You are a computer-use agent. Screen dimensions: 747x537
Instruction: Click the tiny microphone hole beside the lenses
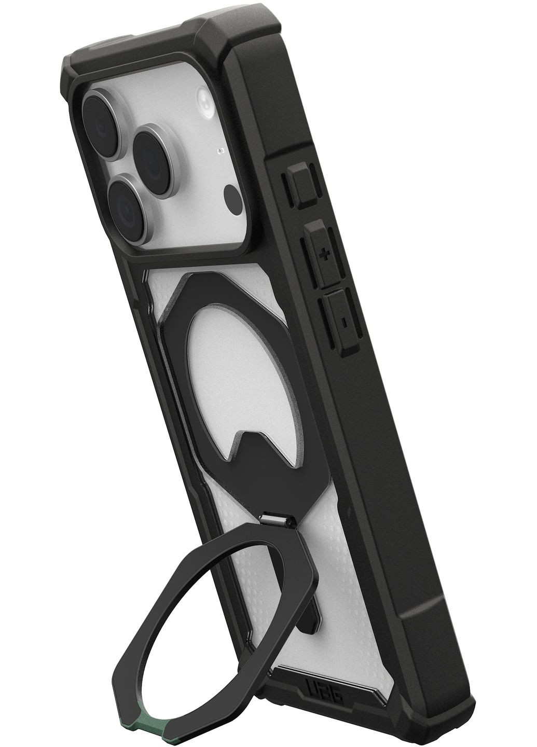click(x=222, y=151)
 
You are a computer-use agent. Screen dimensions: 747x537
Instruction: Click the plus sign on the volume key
click(x=325, y=255)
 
